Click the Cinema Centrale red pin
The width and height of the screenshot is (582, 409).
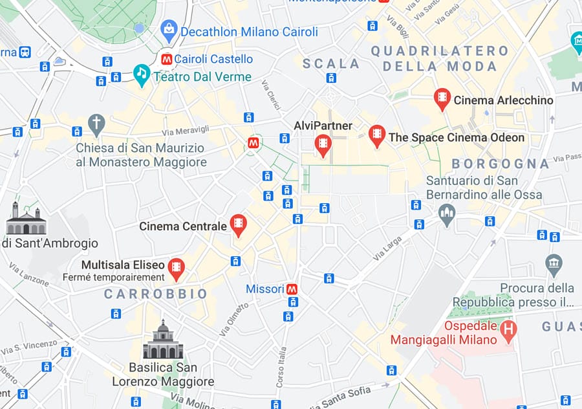coord(239,225)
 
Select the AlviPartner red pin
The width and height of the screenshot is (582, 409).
coord(322,144)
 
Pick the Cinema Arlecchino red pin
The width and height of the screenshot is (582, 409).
coord(442,98)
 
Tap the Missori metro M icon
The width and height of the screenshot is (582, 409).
coord(292,289)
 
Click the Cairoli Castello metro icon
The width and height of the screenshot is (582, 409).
coord(167,59)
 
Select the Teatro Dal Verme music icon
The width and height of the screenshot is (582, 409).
coord(142,74)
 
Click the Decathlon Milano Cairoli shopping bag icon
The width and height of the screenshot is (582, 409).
coord(169,29)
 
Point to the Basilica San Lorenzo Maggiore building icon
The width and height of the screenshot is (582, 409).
coord(163,341)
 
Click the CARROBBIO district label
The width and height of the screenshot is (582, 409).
coord(156,294)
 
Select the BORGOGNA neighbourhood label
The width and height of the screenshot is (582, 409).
coord(500,164)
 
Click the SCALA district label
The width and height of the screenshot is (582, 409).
coord(331,63)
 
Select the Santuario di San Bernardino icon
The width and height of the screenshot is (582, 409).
coord(447,214)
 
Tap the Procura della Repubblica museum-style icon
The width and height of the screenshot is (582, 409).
coord(554,263)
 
